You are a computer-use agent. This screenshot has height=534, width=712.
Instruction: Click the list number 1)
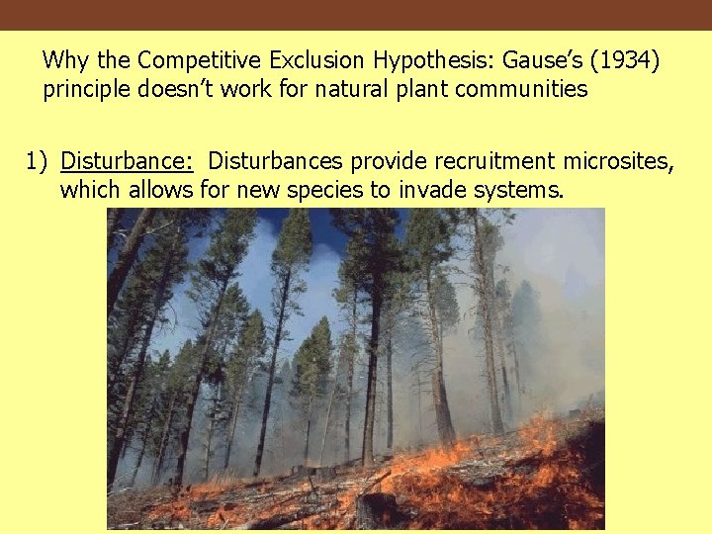click(37, 160)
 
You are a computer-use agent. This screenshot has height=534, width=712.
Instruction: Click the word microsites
click(619, 160)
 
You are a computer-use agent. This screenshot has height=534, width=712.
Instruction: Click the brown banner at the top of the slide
click(356, 15)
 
